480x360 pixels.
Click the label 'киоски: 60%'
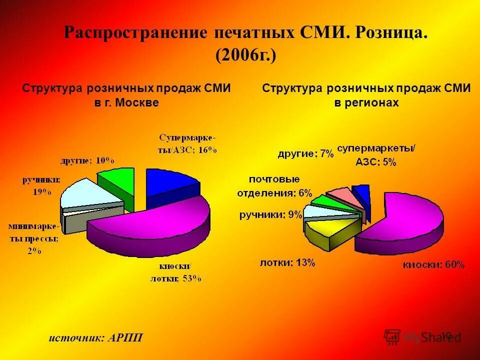point(434,265)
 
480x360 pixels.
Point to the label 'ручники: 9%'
point(270,215)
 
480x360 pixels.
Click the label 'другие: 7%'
point(305,154)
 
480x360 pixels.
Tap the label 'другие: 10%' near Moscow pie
point(87,160)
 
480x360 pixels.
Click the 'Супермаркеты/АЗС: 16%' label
point(188,143)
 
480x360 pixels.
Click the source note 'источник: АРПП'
point(95,337)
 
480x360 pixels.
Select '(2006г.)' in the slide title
point(245,54)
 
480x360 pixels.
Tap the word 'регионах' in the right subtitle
point(374,102)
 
